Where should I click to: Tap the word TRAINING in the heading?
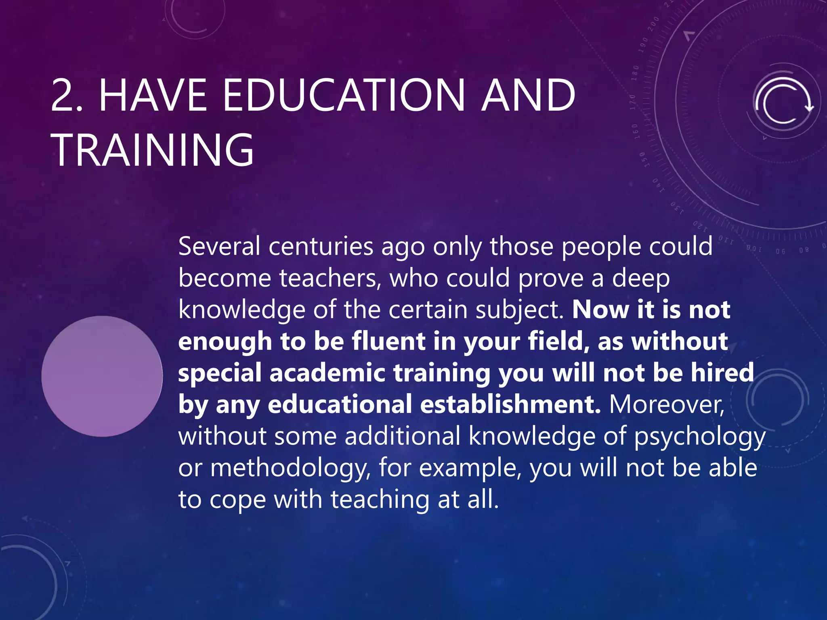click(x=152, y=150)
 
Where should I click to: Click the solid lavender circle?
click(x=102, y=376)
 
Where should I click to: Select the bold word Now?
click(x=600, y=310)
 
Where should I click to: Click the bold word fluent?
click(x=388, y=341)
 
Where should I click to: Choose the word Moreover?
click(x=667, y=404)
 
